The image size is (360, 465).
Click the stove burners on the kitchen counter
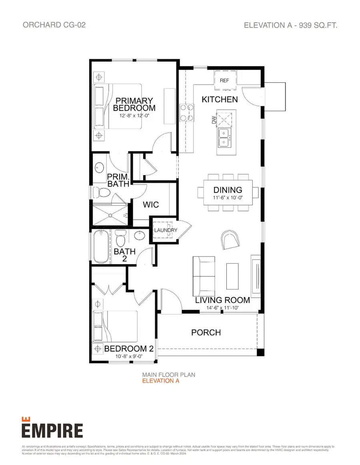click(x=186, y=112)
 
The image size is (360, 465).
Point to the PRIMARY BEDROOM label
click(x=134, y=104)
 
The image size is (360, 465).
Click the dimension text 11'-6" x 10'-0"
click(x=228, y=198)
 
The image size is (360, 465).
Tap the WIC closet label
click(x=151, y=205)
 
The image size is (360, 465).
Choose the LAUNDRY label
click(x=165, y=230)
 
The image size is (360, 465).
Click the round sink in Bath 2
click(x=140, y=236)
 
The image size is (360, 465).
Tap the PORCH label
click(x=206, y=332)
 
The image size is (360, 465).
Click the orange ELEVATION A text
click(x=161, y=381)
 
